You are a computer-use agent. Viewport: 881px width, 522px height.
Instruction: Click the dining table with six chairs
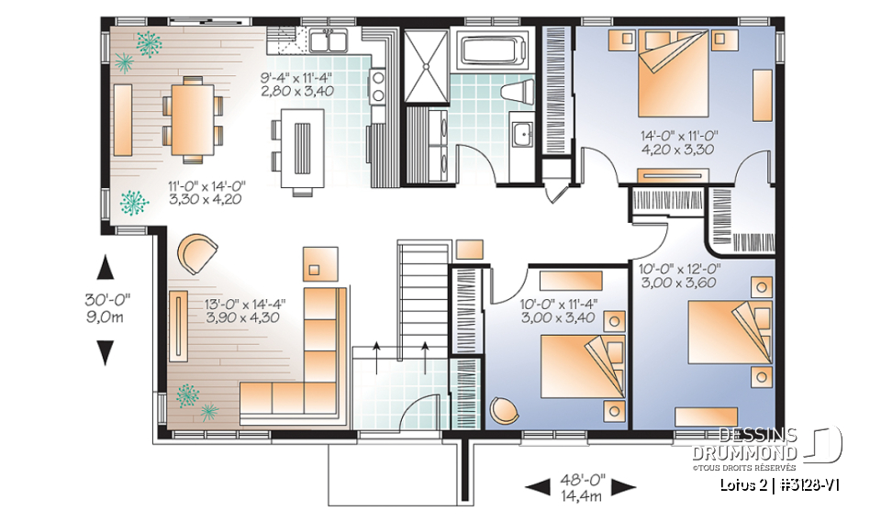(193, 116)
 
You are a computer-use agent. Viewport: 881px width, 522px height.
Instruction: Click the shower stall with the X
(425, 64)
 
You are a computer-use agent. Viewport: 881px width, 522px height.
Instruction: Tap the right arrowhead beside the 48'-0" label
(624, 485)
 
